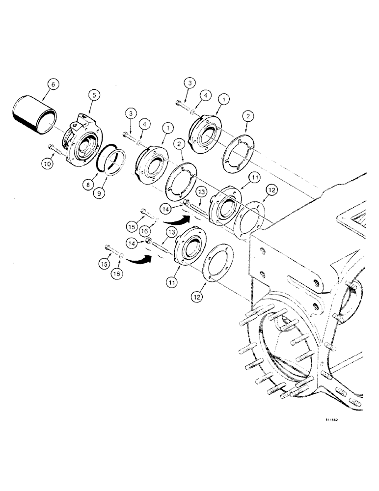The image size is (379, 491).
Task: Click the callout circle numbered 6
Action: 53,84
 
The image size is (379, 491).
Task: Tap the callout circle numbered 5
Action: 94,95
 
